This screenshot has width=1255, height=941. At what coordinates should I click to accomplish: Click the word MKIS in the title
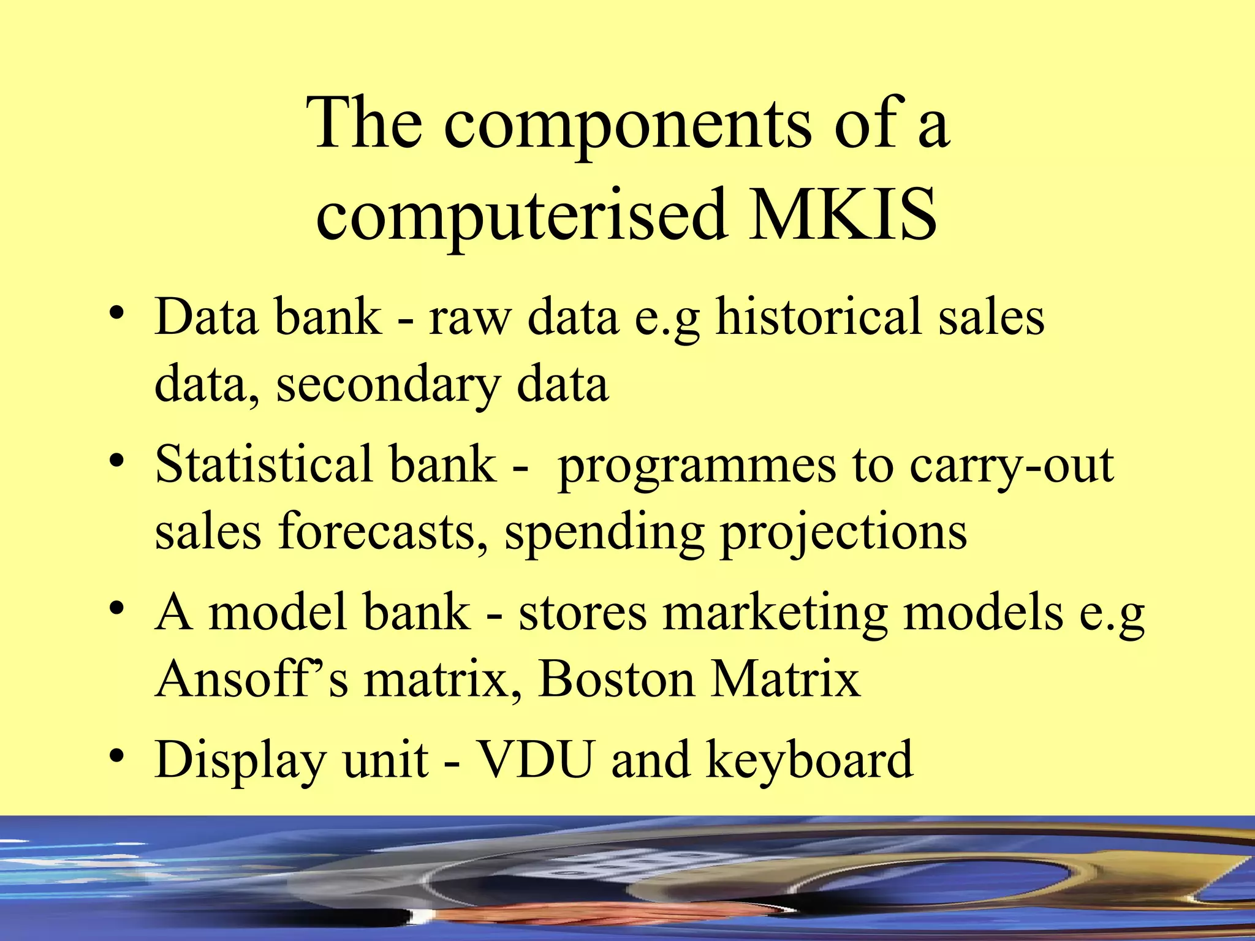coord(843,214)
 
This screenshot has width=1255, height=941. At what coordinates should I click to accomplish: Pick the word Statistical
coord(264,464)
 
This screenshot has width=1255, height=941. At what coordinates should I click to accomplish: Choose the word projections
coord(843,533)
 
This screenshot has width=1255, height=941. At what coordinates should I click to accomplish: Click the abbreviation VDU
coord(536,760)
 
